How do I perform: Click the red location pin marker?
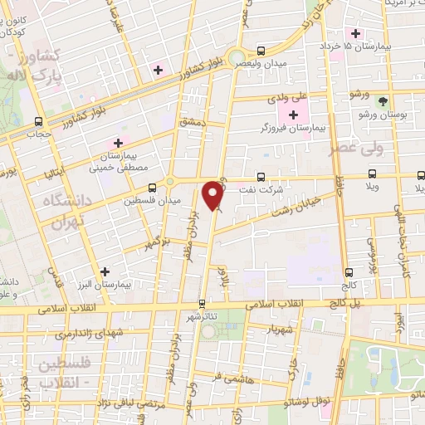coord(214,196)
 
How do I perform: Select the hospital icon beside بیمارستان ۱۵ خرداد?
coord(356,34)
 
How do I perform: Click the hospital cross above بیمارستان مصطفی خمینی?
coord(118,142)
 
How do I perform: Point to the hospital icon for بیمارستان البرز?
coord(105,271)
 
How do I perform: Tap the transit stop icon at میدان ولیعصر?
coord(261,51)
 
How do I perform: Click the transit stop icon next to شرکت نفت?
coord(261,176)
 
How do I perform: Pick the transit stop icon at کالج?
coord(348,271)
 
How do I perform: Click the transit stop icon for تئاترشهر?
coord(203,304)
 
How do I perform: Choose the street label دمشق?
coord(193,121)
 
